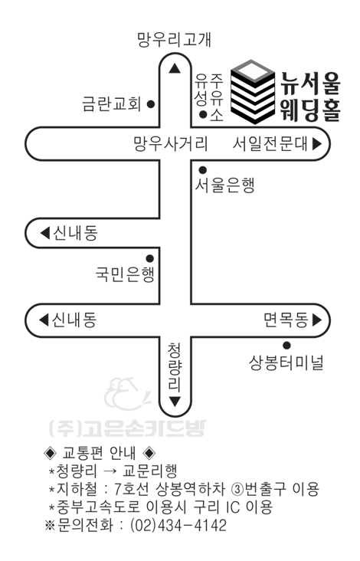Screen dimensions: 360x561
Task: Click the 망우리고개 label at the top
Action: (175, 39)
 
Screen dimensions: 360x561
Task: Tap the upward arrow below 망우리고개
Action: (175, 68)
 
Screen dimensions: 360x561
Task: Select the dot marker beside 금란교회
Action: (151, 104)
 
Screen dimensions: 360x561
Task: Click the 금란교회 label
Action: (112, 103)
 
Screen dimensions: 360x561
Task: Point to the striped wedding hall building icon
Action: (253, 92)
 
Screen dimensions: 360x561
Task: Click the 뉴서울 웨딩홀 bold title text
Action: (310, 97)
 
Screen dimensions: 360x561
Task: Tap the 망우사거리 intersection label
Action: (171, 143)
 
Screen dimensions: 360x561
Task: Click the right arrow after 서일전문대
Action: (317, 143)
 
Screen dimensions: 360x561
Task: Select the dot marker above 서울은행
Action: (203, 169)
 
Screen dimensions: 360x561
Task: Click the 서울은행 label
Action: (224, 185)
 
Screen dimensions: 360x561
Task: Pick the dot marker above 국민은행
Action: (150, 258)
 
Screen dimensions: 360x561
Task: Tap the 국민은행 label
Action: (125, 274)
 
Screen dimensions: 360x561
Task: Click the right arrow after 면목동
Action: (317, 320)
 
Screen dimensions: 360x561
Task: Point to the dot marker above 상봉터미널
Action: (286, 345)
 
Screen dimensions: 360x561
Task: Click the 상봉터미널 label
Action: (286, 363)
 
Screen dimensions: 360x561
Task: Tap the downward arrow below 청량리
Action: (175, 402)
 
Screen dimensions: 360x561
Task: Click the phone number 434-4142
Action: (192, 525)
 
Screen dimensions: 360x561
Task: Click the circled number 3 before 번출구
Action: (237, 489)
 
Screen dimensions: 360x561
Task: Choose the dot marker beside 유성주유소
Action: (203, 115)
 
